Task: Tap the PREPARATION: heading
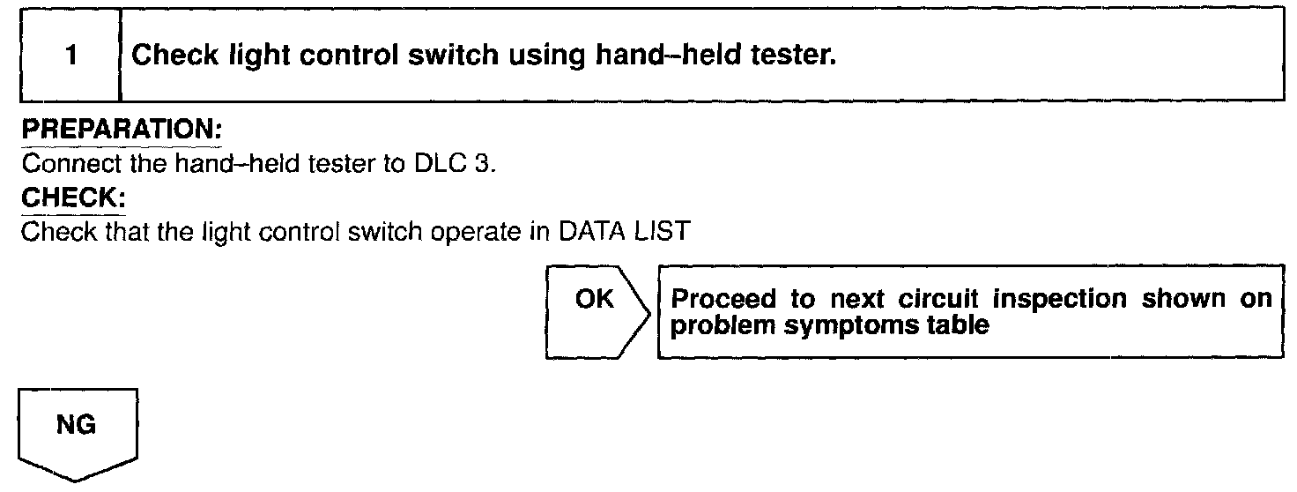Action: [121, 130]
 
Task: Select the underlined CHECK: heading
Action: [72, 198]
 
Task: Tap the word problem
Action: [715, 324]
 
